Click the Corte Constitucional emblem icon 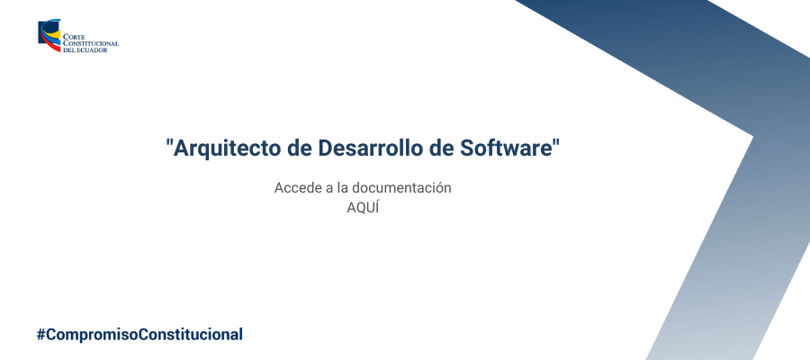click(49, 36)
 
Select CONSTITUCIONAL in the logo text click(91, 44)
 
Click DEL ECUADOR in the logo click(85, 50)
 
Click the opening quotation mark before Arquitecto click(169, 142)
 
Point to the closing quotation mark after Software click(556, 142)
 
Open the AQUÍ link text click(363, 208)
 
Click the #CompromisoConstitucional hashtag click(139, 334)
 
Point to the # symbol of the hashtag click(40, 334)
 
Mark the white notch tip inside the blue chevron click(751, 137)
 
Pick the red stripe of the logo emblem click(54, 46)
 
